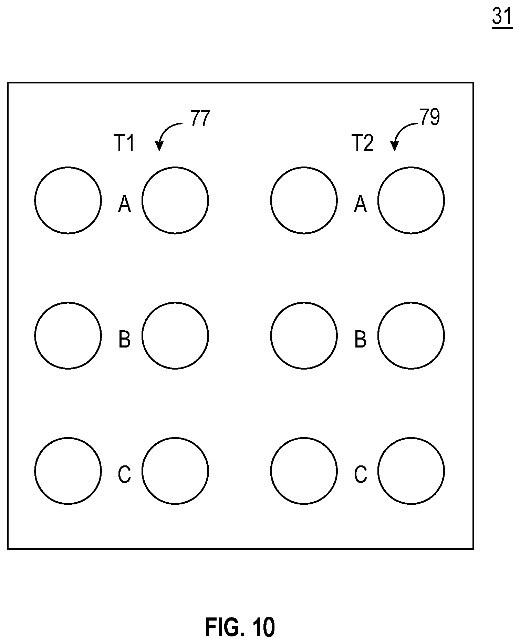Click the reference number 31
click(x=502, y=16)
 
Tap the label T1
click(x=124, y=143)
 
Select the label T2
click(x=363, y=143)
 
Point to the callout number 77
click(x=200, y=119)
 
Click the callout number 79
click(x=429, y=117)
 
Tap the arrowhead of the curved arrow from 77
click(x=159, y=147)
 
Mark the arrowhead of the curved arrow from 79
click(x=394, y=147)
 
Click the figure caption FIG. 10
click(x=240, y=627)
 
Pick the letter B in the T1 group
click(x=124, y=339)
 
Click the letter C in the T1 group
click(x=124, y=474)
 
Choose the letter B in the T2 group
click(x=360, y=339)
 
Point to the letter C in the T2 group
click(x=360, y=474)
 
